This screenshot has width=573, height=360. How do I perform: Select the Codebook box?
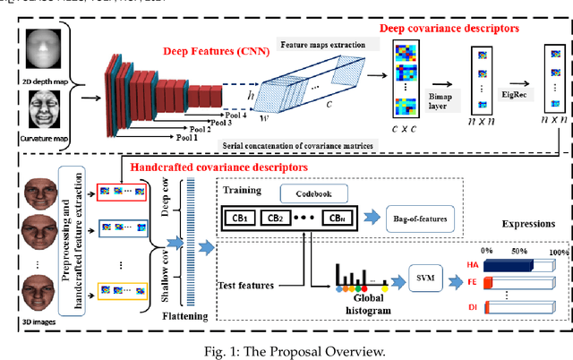(309, 193)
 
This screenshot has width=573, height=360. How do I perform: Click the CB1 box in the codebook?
(241, 218)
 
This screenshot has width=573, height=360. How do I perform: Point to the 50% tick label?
(518, 251)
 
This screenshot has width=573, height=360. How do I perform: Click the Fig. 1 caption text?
(286, 350)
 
